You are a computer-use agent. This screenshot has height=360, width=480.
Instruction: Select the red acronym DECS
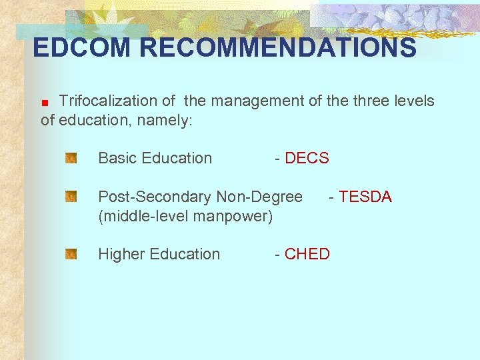pos(307,158)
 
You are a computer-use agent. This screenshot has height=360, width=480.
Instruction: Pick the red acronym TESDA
pos(365,197)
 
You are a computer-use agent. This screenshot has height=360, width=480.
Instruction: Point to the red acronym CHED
pos(307,254)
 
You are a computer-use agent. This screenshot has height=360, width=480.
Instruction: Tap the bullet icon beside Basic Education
pos(71,159)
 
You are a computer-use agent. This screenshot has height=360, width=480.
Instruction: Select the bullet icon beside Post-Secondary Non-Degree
pos(71,197)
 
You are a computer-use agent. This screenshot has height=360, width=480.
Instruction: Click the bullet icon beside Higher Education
pos(71,254)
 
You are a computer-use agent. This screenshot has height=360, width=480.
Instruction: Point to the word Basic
pos(117,158)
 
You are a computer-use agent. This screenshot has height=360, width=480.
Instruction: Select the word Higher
pos(122,254)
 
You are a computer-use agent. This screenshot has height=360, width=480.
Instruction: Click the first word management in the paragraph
pos(256,101)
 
